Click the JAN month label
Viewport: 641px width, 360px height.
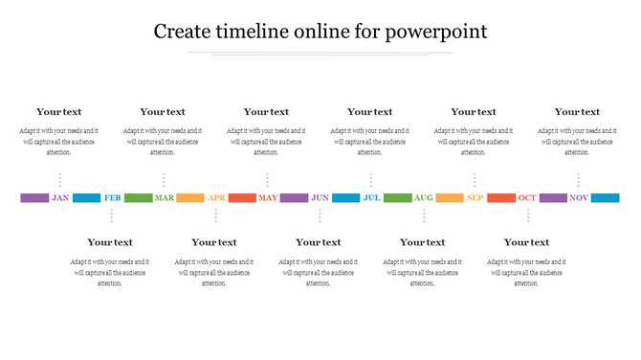pos(60,198)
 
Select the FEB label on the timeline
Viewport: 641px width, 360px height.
pos(112,198)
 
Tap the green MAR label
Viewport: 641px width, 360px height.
pos(165,198)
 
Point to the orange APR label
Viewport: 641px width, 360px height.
pos(216,198)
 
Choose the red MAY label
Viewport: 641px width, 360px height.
pos(268,198)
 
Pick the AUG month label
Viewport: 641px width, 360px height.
pos(424,198)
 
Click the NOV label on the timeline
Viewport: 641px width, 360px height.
pos(579,198)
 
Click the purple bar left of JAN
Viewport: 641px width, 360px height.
pos(33,198)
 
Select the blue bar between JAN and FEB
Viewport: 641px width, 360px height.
pos(86,198)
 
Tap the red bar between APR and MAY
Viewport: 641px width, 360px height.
pos(242,198)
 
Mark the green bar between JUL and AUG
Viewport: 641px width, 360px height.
pos(397,198)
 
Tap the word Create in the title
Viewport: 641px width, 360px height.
pos(186,32)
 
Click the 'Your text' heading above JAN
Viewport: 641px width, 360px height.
pos(59,112)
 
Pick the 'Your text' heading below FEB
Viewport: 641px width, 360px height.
pos(110,242)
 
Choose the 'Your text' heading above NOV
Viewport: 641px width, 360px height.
pos(577,112)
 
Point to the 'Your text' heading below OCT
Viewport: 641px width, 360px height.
pos(526,242)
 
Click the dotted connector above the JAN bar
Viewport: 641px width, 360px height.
pos(60,180)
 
